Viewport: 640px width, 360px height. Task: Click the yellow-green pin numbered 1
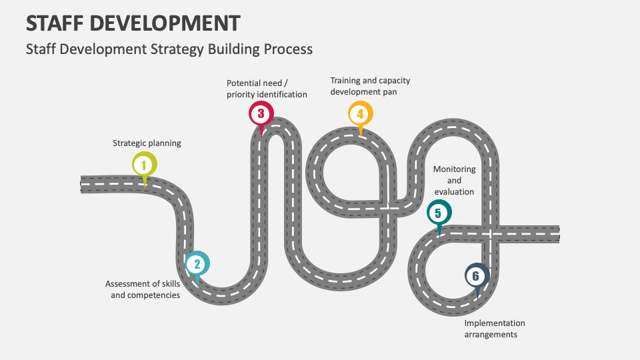pyautogui.click(x=145, y=165)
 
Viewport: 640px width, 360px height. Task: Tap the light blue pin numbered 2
pyautogui.click(x=197, y=264)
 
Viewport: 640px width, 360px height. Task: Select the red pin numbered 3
pyautogui.click(x=261, y=113)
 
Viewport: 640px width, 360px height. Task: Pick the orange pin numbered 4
pyautogui.click(x=361, y=113)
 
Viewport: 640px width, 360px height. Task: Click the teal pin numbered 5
pyautogui.click(x=439, y=213)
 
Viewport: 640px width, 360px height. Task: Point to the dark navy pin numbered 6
pyautogui.click(x=477, y=276)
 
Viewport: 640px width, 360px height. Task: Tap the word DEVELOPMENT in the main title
pyautogui.click(x=165, y=23)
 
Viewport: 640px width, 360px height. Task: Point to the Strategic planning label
pyautogui.click(x=147, y=143)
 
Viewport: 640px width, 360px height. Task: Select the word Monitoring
pyautogui.click(x=454, y=169)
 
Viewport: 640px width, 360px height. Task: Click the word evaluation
pyautogui.click(x=454, y=192)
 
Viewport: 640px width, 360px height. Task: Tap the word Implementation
pyautogui.click(x=495, y=323)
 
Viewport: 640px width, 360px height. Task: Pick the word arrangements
pyautogui.click(x=491, y=335)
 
